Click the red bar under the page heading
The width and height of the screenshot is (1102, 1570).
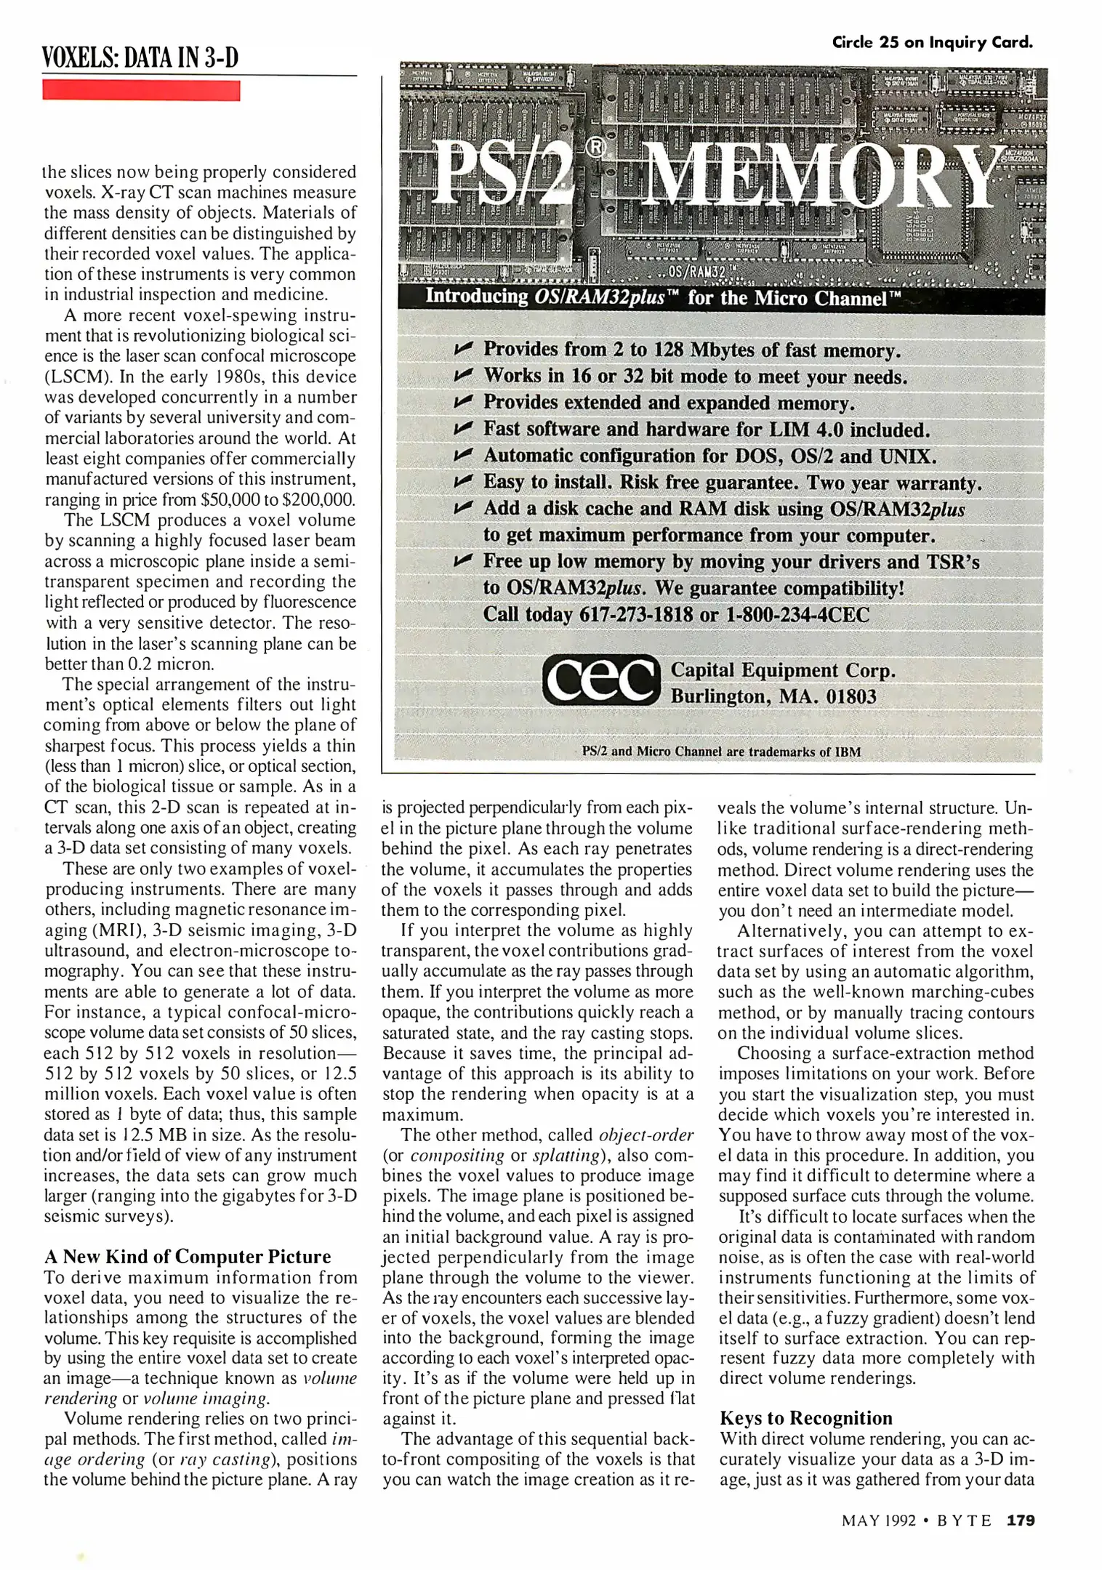tap(141, 91)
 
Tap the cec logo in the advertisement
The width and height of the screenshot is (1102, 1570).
tap(600, 681)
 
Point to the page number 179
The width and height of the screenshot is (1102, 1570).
tap(1020, 1520)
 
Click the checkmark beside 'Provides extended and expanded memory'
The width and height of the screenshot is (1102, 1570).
tap(463, 402)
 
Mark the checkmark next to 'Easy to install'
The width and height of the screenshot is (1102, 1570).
tap(463, 482)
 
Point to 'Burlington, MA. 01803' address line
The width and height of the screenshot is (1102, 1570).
tap(773, 696)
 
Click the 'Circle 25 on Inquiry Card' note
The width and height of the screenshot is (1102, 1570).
tap(932, 42)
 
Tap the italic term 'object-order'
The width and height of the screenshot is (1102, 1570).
tap(645, 1135)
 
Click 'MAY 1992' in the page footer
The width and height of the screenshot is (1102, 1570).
tap(878, 1521)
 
